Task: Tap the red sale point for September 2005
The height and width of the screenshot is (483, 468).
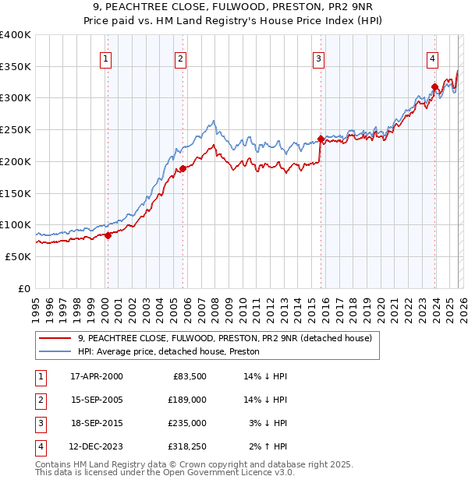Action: click(x=183, y=168)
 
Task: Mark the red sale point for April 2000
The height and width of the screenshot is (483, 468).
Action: click(x=108, y=236)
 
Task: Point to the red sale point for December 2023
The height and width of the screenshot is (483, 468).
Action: click(x=434, y=86)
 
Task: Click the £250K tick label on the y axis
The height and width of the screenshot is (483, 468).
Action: click(x=16, y=129)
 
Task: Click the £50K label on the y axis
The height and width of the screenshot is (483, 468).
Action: click(x=18, y=256)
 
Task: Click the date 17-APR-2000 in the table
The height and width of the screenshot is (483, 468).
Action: click(x=97, y=376)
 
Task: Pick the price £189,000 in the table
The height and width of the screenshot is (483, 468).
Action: click(x=187, y=400)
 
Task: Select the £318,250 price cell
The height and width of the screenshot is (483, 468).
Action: click(x=187, y=446)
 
